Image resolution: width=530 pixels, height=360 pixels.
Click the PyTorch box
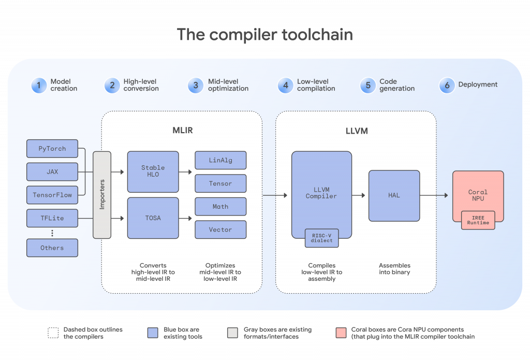click(x=52, y=149)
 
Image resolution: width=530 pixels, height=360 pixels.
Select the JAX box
click(x=52, y=171)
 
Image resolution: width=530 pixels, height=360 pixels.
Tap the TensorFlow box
click(x=52, y=195)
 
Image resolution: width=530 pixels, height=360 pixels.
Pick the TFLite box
click(x=52, y=218)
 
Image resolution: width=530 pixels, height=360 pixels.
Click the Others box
click(x=52, y=248)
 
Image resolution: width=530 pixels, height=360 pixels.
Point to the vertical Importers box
click(x=102, y=195)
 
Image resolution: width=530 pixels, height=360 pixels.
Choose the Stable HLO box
click(x=153, y=171)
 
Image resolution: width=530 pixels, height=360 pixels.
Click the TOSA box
click(x=153, y=218)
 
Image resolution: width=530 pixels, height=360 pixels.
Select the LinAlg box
click(x=220, y=160)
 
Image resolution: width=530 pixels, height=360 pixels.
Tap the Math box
click(x=220, y=207)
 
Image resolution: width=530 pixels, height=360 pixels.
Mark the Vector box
click(x=220, y=229)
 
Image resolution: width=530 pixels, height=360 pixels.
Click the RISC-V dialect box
click(x=322, y=238)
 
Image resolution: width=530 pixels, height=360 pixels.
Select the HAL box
click(x=393, y=195)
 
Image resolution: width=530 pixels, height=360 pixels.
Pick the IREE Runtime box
click(x=478, y=220)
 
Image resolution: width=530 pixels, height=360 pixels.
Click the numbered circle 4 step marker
click(x=285, y=85)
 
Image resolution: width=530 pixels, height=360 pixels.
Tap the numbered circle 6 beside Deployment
click(x=446, y=85)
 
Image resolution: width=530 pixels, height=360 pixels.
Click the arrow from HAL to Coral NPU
click(x=434, y=195)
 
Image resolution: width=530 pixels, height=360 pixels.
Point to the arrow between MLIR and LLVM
click(x=274, y=195)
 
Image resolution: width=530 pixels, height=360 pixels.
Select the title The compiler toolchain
click(x=265, y=35)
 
